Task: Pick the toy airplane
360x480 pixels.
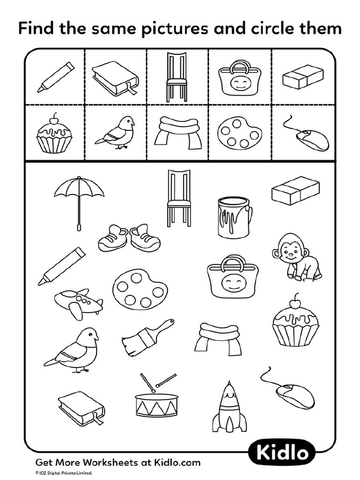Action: coord(79,302)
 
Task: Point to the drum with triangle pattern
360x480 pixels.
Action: coord(157,400)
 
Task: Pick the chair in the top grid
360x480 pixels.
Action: coord(177,76)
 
